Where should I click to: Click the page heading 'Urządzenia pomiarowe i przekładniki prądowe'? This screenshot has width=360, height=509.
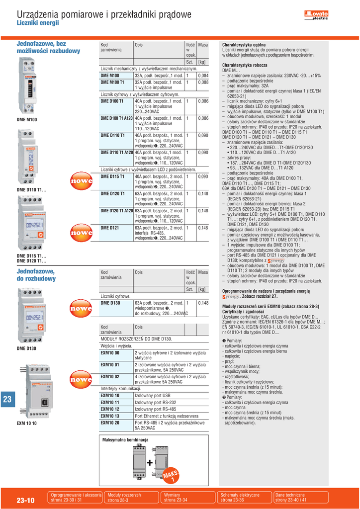pos(104,15)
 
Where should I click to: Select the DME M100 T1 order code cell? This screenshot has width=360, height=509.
pos(112,82)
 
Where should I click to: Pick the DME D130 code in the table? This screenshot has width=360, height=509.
pos(110,303)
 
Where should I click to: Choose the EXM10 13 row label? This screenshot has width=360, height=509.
pos(110,416)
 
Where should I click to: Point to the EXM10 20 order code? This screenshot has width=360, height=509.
pos(110,423)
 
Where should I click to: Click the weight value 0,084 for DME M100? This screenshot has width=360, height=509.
pos(203,76)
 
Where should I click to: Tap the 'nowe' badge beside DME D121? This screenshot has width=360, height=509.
pos(81,232)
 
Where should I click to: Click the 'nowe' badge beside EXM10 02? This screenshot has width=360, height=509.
pos(81,379)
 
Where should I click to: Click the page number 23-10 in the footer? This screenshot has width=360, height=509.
pos(25,501)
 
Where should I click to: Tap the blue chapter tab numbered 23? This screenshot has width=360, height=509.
pos(7,400)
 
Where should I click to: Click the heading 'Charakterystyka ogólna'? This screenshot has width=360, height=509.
pos(245,45)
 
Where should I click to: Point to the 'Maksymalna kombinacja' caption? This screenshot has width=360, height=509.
pos(125,440)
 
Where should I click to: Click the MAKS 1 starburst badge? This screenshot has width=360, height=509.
pos(170,476)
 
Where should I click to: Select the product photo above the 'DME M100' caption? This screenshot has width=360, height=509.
pos(27,85)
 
